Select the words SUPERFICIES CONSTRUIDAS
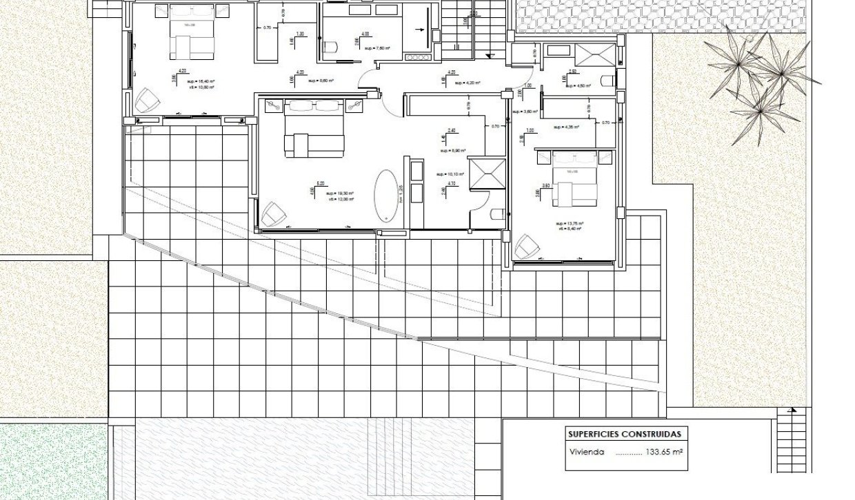tap(624, 435)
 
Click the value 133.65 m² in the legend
tap(664, 452)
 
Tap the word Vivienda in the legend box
tap(587, 452)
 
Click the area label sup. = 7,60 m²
tap(378, 48)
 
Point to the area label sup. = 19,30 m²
tap(339, 194)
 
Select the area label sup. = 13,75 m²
tap(570, 224)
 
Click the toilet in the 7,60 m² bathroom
tap(330, 47)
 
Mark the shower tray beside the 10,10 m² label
tap(486, 172)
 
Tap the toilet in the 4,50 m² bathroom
tap(607, 80)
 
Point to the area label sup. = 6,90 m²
tap(456, 150)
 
